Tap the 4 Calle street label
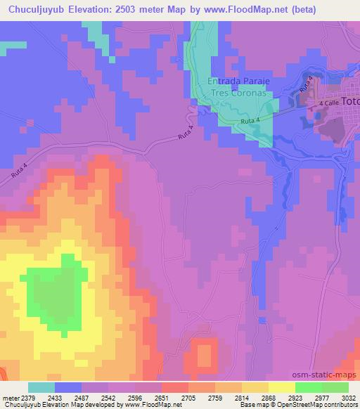coord(328,104)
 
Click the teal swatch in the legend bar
coord(41,387)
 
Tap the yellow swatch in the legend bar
coord(282,387)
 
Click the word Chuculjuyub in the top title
coord(40,9)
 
